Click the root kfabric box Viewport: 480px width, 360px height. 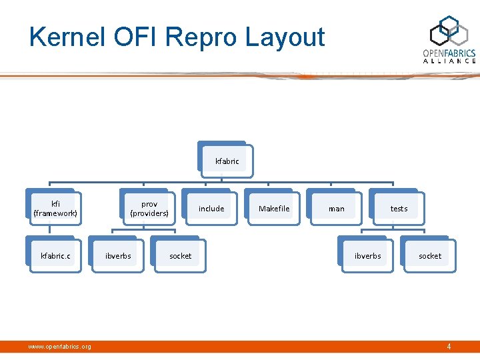(227, 161)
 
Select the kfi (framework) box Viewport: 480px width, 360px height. (55, 208)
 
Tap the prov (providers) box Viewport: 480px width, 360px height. (149, 208)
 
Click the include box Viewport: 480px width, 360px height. (211, 209)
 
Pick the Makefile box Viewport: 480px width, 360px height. (274, 209)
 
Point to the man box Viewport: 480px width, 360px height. (337, 209)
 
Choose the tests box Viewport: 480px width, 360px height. (399, 209)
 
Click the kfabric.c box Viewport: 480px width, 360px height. (55, 256)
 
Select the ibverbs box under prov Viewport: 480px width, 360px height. (118, 256)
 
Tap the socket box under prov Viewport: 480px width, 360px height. (180, 256)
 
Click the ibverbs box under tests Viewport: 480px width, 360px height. (367, 256)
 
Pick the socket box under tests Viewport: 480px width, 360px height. (430, 256)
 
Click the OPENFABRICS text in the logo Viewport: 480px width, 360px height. (449, 53)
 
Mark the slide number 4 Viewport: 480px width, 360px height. (449, 347)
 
